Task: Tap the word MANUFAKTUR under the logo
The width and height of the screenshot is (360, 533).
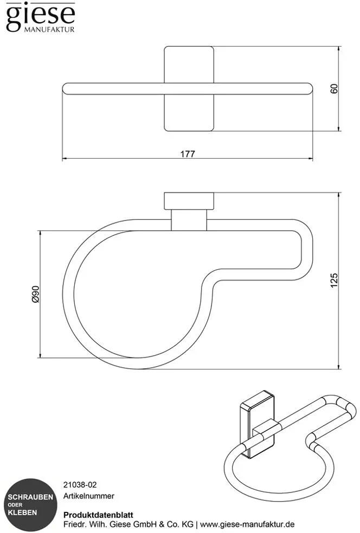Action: click(x=49, y=30)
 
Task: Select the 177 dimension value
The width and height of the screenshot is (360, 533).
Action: click(x=188, y=154)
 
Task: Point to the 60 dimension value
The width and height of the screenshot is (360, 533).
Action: click(x=335, y=89)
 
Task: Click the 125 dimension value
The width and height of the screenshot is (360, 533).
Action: click(x=334, y=281)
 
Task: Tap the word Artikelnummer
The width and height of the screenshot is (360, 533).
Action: click(x=89, y=496)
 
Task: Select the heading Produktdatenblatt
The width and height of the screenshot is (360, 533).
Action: click(x=98, y=515)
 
